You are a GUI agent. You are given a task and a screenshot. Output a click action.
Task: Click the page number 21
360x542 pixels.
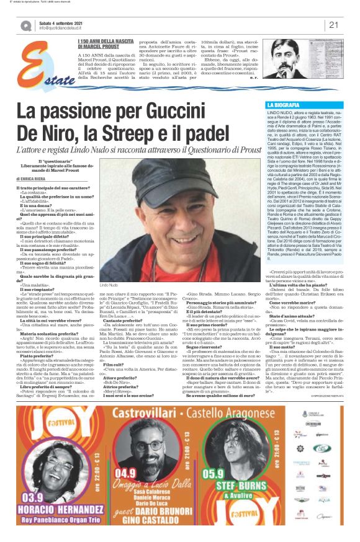333,25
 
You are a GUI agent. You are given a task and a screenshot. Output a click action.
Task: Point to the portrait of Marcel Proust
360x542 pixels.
283,61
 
